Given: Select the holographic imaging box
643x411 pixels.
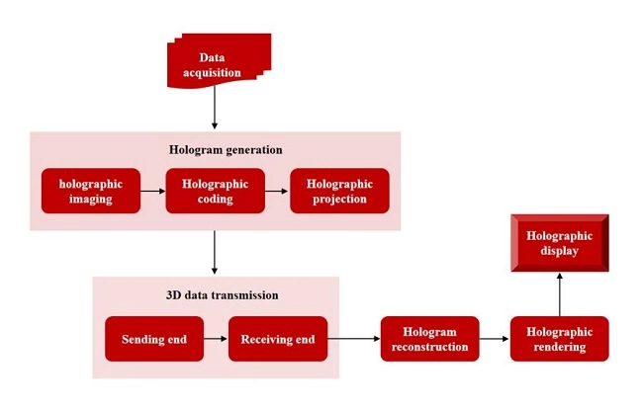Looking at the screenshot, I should pyautogui.click(x=90, y=191).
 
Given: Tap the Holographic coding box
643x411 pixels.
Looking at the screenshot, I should pyautogui.click(x=215, y=191).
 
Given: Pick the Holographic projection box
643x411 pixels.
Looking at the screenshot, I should pyautogui.click(x=339, y=191).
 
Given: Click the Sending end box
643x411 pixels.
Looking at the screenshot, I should pyautogui.click(x=153, y=340).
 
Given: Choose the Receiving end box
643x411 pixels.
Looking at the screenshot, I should pyautogui.click(x=278, y=340).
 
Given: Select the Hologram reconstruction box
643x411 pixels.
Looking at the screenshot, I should pyautogui.click(x=429, y=339).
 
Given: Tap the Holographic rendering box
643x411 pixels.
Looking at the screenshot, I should pyautogui.click(x=559, y=339).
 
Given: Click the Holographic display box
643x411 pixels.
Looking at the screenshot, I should pyautogui.click(x=559, y=243).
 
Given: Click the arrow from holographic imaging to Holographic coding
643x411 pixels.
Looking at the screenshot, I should pyautogui.click(x=152, y=191).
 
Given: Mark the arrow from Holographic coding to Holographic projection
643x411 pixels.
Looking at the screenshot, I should pyautogui.click(x=277, y=191).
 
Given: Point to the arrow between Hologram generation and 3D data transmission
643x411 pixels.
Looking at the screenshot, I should pyautogui.click(x=215, y=253).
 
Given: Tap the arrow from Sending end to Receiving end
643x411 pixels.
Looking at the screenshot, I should pyautogui.click(x=216, y=340).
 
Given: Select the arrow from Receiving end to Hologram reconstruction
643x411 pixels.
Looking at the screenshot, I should pyautogui.click(x=353, y=340).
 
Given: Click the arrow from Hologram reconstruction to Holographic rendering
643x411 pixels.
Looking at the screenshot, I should pyautogui.click(x=494, y=340).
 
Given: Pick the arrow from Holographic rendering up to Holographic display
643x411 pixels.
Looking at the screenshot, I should pyautogui.click(x=559, y=293).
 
